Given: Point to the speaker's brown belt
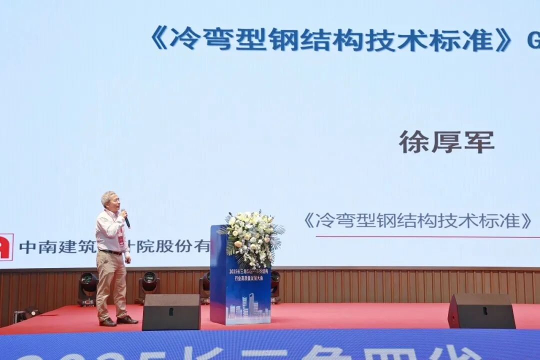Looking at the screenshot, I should coord(111,252).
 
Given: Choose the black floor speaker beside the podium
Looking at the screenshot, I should coord(171,312).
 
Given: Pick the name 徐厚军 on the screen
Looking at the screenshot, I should coord(446,142).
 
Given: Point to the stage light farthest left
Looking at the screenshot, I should coord(87,287).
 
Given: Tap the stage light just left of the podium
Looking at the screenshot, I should coord(204,286).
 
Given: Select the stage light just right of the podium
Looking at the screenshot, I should coord(275,285).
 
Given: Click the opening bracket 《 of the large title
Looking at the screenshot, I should coord(158,38).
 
